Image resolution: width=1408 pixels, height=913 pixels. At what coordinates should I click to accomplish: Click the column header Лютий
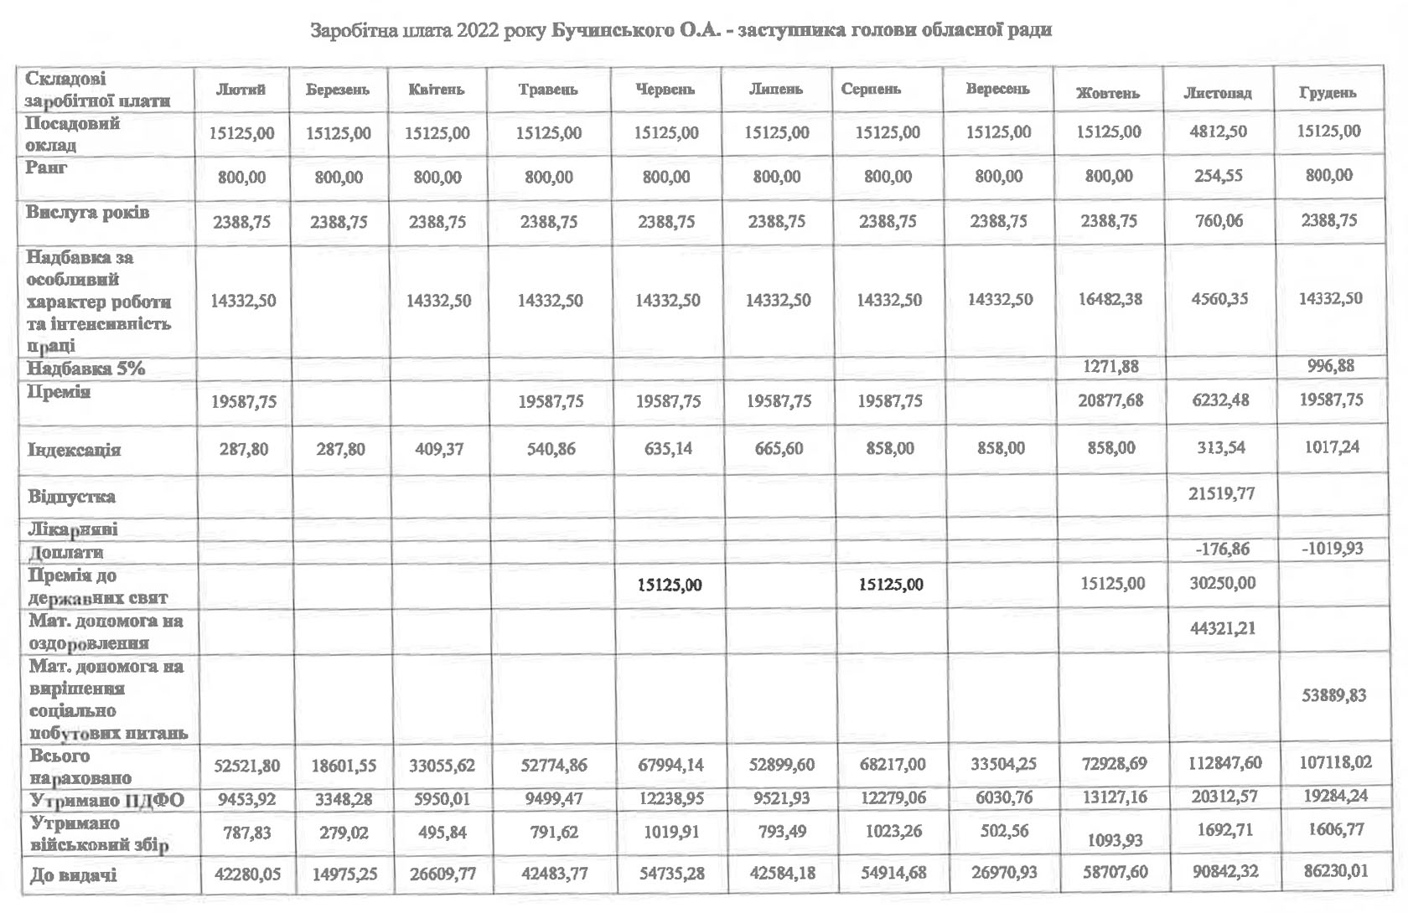click(241, 90)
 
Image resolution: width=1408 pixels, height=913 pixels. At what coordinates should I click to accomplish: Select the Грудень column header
click(1328, 92)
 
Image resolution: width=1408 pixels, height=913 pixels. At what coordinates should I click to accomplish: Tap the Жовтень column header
click(1107, 92)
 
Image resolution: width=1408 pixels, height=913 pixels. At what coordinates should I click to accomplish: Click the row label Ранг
click(47, 168)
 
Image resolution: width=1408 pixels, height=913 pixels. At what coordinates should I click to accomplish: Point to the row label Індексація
click(75, 450)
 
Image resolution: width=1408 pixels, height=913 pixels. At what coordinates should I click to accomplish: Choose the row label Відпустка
click(71, 497)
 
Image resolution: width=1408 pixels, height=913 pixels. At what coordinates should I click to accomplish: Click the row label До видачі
click(73, 875)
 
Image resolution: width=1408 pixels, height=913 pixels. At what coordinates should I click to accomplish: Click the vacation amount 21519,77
click(1221, 493)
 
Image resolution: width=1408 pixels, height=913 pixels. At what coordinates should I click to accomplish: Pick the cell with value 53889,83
click(1333, 695)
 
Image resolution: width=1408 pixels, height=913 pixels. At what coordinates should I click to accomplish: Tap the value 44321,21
click(1222, 627)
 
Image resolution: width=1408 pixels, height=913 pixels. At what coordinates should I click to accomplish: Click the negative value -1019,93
click(1332, 549)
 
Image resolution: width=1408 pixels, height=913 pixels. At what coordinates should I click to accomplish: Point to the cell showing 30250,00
click(1222, 583)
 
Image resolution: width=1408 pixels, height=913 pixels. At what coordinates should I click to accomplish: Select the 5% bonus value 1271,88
click(1110, 366)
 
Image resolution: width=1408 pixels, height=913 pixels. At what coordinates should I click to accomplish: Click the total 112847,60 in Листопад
click(1221, 763)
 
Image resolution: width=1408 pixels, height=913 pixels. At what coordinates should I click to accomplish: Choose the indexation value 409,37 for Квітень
click(437, 449)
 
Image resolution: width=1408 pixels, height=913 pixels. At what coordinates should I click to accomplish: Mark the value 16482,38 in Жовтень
click(1110, 299)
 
